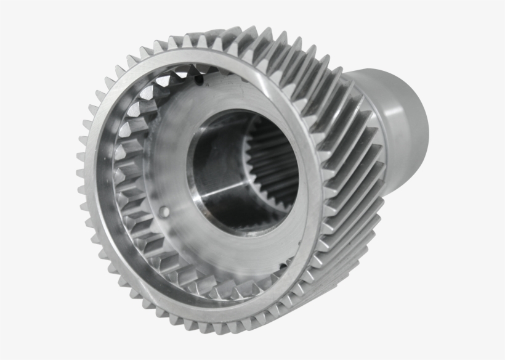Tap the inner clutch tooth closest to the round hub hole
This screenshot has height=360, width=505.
coord(137,213)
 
